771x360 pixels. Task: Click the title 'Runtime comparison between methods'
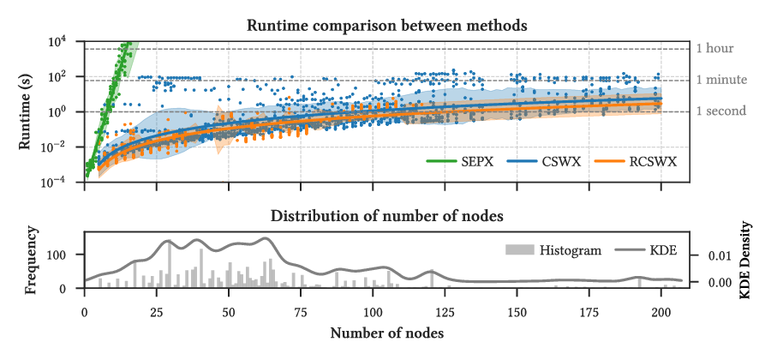386,26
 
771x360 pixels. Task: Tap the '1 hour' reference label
715,48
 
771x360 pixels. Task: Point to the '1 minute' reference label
720,80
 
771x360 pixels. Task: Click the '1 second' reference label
720,111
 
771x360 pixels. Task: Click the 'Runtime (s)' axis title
27,111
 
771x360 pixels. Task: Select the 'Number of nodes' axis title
386,333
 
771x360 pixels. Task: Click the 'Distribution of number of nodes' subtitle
386,215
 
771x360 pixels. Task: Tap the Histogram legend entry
558,250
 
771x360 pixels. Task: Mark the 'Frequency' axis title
32,260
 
